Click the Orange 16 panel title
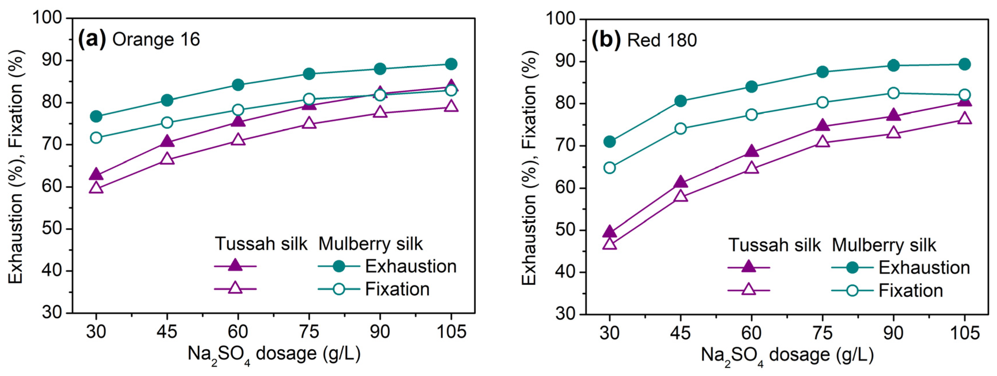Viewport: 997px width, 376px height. pos(156,40)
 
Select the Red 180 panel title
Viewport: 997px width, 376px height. pos(662,40)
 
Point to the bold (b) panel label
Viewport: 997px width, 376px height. pos(606,40)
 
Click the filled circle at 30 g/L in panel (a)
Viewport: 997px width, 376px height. pos(96,116)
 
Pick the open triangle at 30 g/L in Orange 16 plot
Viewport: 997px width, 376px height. pos(96,187)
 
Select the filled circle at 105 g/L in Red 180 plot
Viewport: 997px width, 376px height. pos(964,64)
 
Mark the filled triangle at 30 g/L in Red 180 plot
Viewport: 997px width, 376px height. pos(610,232)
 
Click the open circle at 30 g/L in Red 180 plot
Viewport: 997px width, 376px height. pos(610,168)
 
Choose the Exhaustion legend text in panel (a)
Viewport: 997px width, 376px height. pos(411,266)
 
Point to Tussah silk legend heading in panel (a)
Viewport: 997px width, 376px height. pos(261,244)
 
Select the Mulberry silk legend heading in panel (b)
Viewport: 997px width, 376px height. pos(884,245)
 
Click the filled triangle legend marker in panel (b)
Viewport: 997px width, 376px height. pos(749,267)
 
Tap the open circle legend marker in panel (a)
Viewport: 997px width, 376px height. pos(339,289)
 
